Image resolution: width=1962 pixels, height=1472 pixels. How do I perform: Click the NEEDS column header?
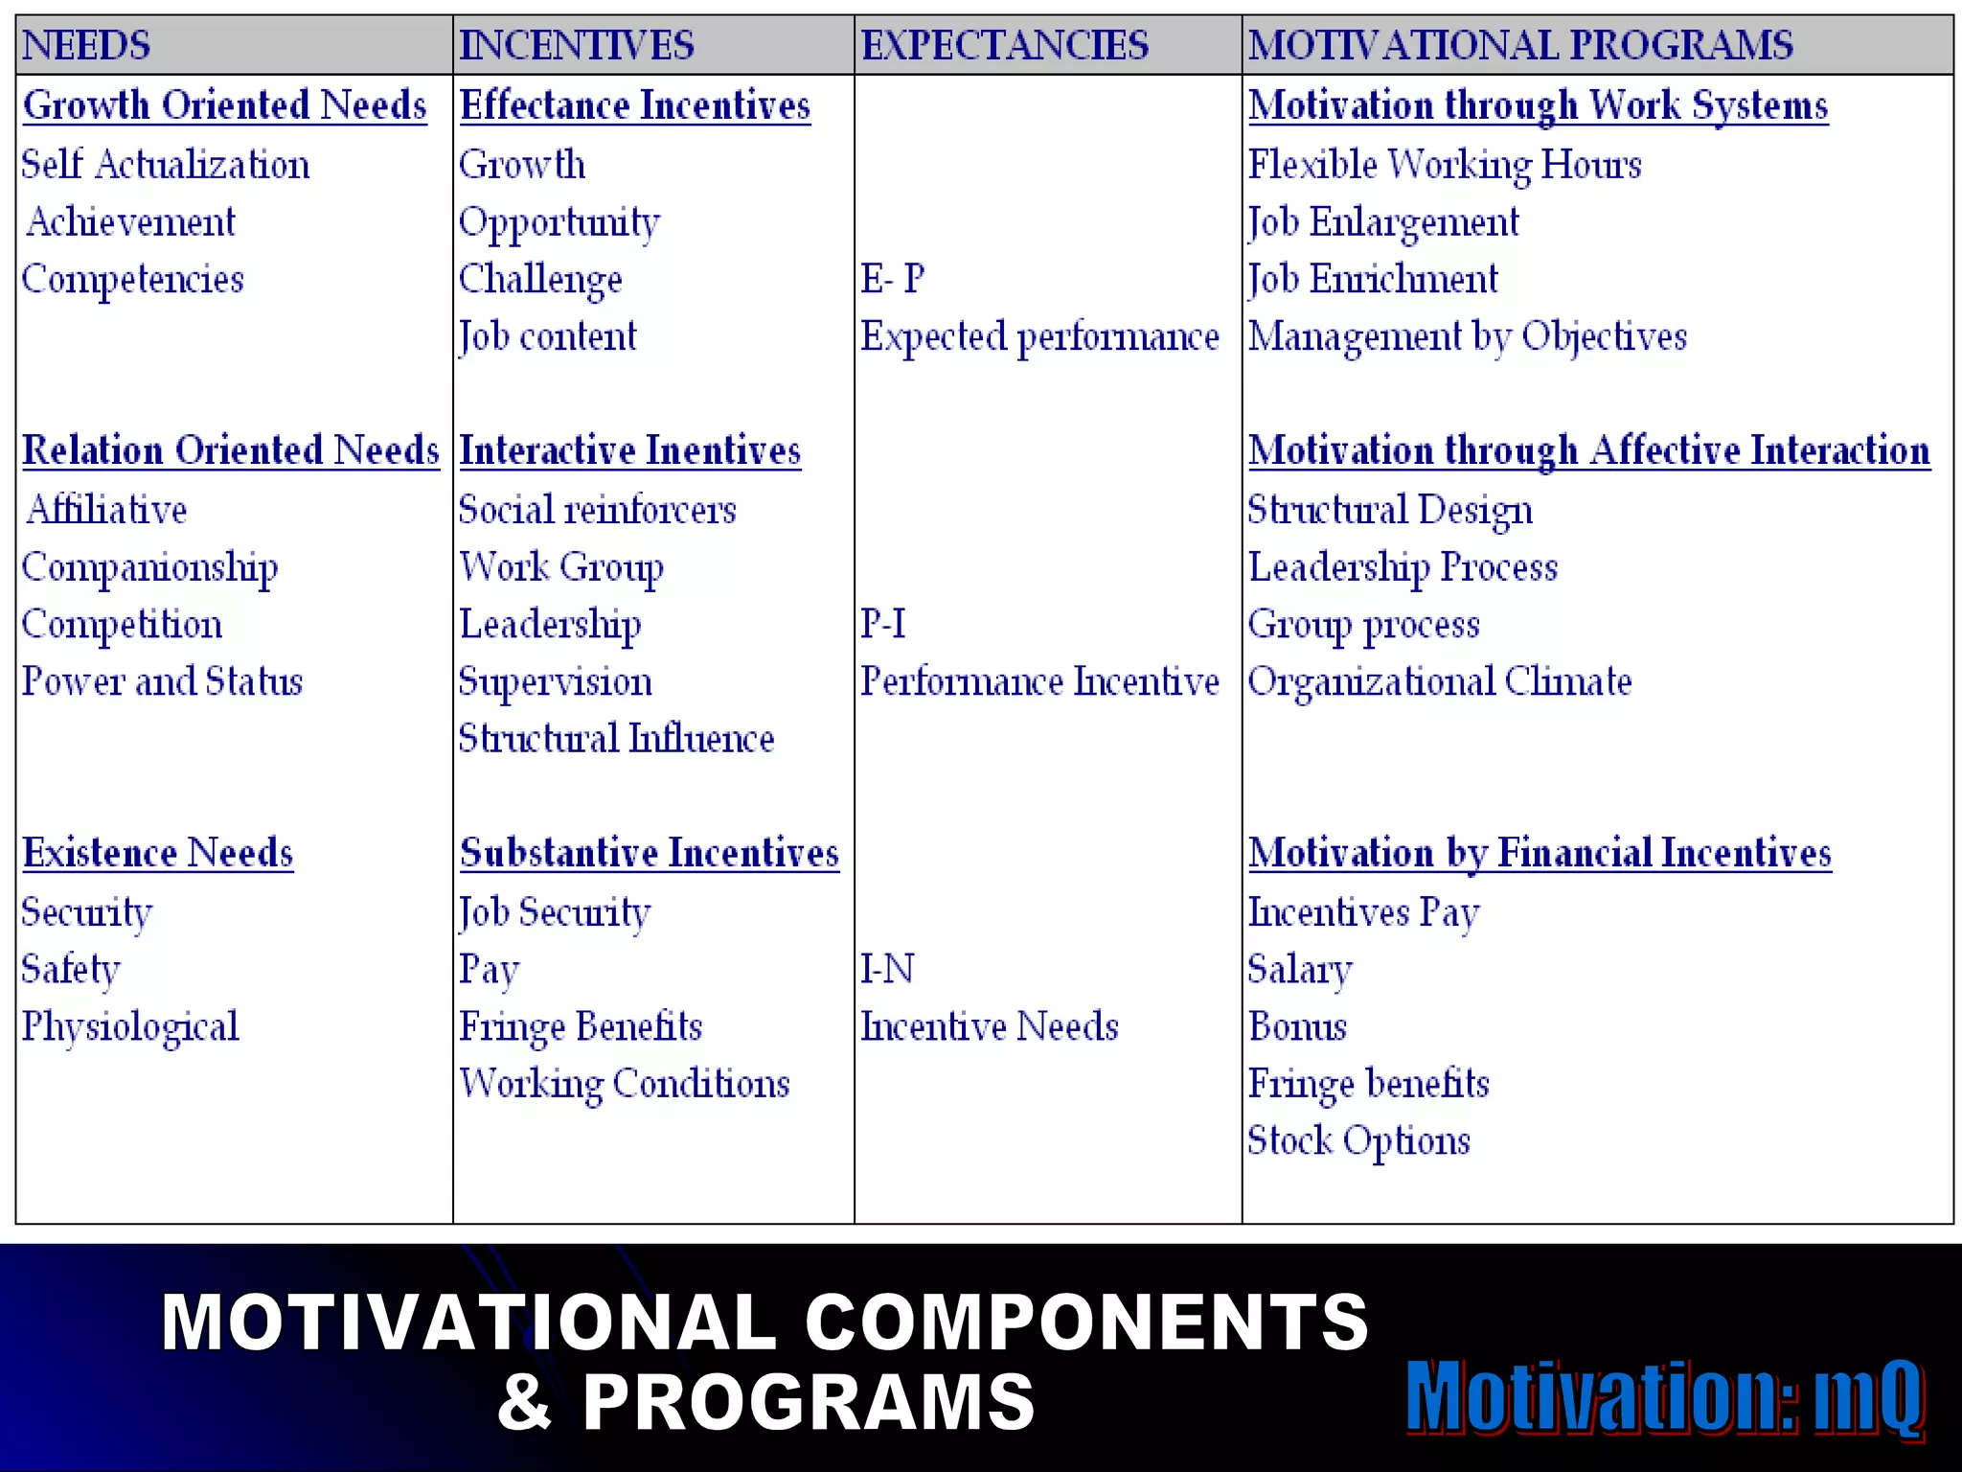pyautogui.click(x=86, y=45)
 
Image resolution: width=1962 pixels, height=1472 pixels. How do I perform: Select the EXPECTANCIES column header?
pyautogui.click(x=1004, y=45)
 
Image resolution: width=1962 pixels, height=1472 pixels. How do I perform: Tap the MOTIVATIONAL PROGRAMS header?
pyautogui.click(x=1520, y=45)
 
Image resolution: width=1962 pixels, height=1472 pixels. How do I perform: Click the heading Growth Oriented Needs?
pyautogui.click(x=225, y=105)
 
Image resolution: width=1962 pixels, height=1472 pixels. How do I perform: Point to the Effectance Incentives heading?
pyautogui.click(x=635, y=105)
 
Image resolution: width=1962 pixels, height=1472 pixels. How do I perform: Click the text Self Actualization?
pyautogui.click(x=166, y=165)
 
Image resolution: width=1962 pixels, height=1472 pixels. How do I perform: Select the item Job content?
pyautogui.click(x=548, y=336)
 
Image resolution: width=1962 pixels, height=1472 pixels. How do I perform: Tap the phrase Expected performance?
pyautogui.click(x=1039, y=336)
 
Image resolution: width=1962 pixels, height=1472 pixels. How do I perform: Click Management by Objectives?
pyautogui.click(x=1467, y=336)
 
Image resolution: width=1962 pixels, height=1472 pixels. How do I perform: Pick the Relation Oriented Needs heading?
pyautogui.click(x=231, y=450)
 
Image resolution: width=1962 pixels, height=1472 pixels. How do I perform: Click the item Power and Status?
pyautogui.click(x=162, y=681)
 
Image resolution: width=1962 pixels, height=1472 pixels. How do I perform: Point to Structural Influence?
pyautogui.click(x=616, y=739)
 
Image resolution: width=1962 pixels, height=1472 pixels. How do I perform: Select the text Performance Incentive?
pyautogui.click(x=1039, y=681)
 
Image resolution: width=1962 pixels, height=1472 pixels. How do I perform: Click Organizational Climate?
pyautogui.click(x=1439, y=681)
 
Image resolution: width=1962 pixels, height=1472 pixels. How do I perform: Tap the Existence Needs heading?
pyautogui.click(x=158, y=853)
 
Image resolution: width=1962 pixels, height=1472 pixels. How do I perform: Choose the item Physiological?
pyautogui.click(x=130, y=1026)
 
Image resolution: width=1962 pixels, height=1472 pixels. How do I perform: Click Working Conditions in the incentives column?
pyautogui.click(x=625, y=1084)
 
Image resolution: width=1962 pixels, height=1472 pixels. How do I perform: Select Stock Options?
pyautogui.click(x=1358, y=1141)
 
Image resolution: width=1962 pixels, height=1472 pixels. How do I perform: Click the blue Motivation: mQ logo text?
pyautogui.click(x=1664, y=1397)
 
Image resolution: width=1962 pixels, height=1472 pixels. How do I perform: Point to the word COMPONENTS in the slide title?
pyautogui.click(x=1086, y=1322)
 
